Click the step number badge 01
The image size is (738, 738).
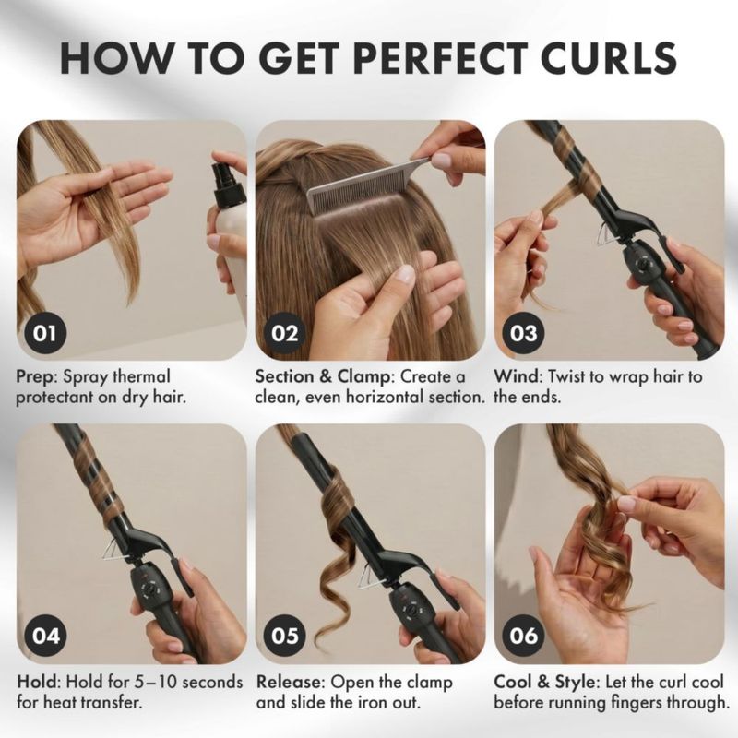pos(44,333)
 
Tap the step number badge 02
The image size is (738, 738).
pos(285,333)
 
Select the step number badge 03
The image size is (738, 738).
pos(523,333)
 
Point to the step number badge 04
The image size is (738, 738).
pos(45,636)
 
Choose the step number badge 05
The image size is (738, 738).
pos(285,636)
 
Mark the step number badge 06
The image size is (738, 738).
pos(523,636)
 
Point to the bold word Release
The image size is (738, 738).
pos(290,682)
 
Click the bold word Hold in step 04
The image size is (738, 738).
pos(39,682)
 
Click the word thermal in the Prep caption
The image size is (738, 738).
pos(141,376)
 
